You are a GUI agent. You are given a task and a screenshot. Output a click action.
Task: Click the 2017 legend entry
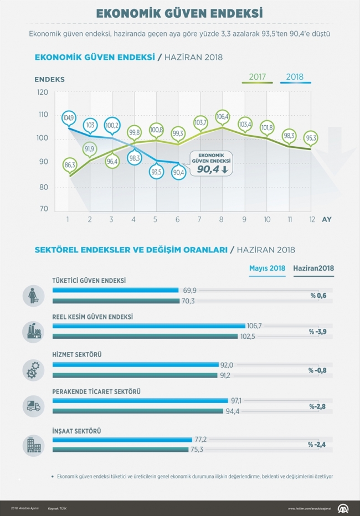258,77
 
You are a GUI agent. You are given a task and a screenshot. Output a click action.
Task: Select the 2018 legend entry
295,77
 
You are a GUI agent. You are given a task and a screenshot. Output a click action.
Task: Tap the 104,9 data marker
69,118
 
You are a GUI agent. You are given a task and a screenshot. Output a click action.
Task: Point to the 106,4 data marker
223,117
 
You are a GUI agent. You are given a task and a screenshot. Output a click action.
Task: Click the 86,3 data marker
70,164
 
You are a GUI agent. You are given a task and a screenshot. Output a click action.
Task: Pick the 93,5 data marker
156,172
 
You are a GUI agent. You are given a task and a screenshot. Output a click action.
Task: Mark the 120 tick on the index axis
43,92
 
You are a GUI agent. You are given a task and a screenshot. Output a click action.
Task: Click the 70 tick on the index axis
43,209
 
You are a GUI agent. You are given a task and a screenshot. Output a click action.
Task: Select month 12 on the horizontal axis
312,219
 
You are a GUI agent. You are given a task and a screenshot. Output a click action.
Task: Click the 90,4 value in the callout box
208,169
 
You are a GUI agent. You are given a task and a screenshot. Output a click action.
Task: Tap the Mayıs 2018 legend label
267,269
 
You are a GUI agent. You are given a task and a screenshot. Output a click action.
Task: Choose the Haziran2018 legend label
313,269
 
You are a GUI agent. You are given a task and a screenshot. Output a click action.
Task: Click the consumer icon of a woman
33,296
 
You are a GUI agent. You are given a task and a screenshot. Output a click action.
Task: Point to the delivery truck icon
33,406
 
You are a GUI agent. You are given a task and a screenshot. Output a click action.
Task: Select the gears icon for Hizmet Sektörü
33,369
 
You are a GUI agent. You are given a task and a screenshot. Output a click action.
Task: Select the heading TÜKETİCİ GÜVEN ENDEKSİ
89,281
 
